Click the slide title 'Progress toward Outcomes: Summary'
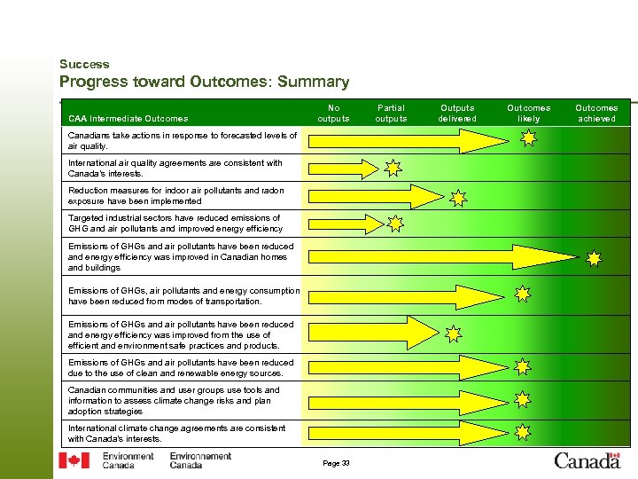point(204,82)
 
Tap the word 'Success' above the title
point(84,64)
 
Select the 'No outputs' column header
point(333,113)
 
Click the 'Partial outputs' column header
point(391,113)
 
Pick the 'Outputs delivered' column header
point(457,113)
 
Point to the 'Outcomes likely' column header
point(528,113)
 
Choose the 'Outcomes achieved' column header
point(596,113)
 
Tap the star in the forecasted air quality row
point(528,137)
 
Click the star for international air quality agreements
point(393,167)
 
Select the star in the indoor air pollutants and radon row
point(458,197)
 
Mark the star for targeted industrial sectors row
point(395,224)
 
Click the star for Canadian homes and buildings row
point(593,258)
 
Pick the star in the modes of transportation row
point(523,293)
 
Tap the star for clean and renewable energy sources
point(523,365)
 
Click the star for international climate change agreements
point(523,432)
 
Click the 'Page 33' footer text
point(336,462)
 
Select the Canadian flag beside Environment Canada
point(74,460)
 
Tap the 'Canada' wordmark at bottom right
point(587,459)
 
